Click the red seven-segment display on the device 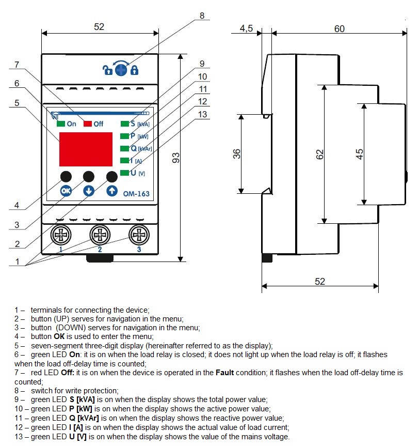pyautogui.click(x=86, y=148)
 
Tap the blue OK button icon pyautogui.click(x=65, y=191)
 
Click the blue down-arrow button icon pyautogui.click(x=89, y=191)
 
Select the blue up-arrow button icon pyautogui.click(x=112, y=191)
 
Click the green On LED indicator pyautogui.click(x=61, y=124)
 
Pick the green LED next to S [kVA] pyautogui.click(x=124, y=124)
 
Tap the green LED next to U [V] pyautogui.click(x=124, y=173)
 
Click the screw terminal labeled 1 pyautogui.click(x=61, y=236)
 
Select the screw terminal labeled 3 pyautogui.click(x=138, y=236)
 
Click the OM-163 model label pyautogui.click(x=136, y=194)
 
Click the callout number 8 pyautogui.click(x=202, y=16)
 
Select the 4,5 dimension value pyautogui.click(x=246, y=29)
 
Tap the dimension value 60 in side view pyautogui.click(x=339, y=29)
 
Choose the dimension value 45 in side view pyautogui.click(x=360, y=153)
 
